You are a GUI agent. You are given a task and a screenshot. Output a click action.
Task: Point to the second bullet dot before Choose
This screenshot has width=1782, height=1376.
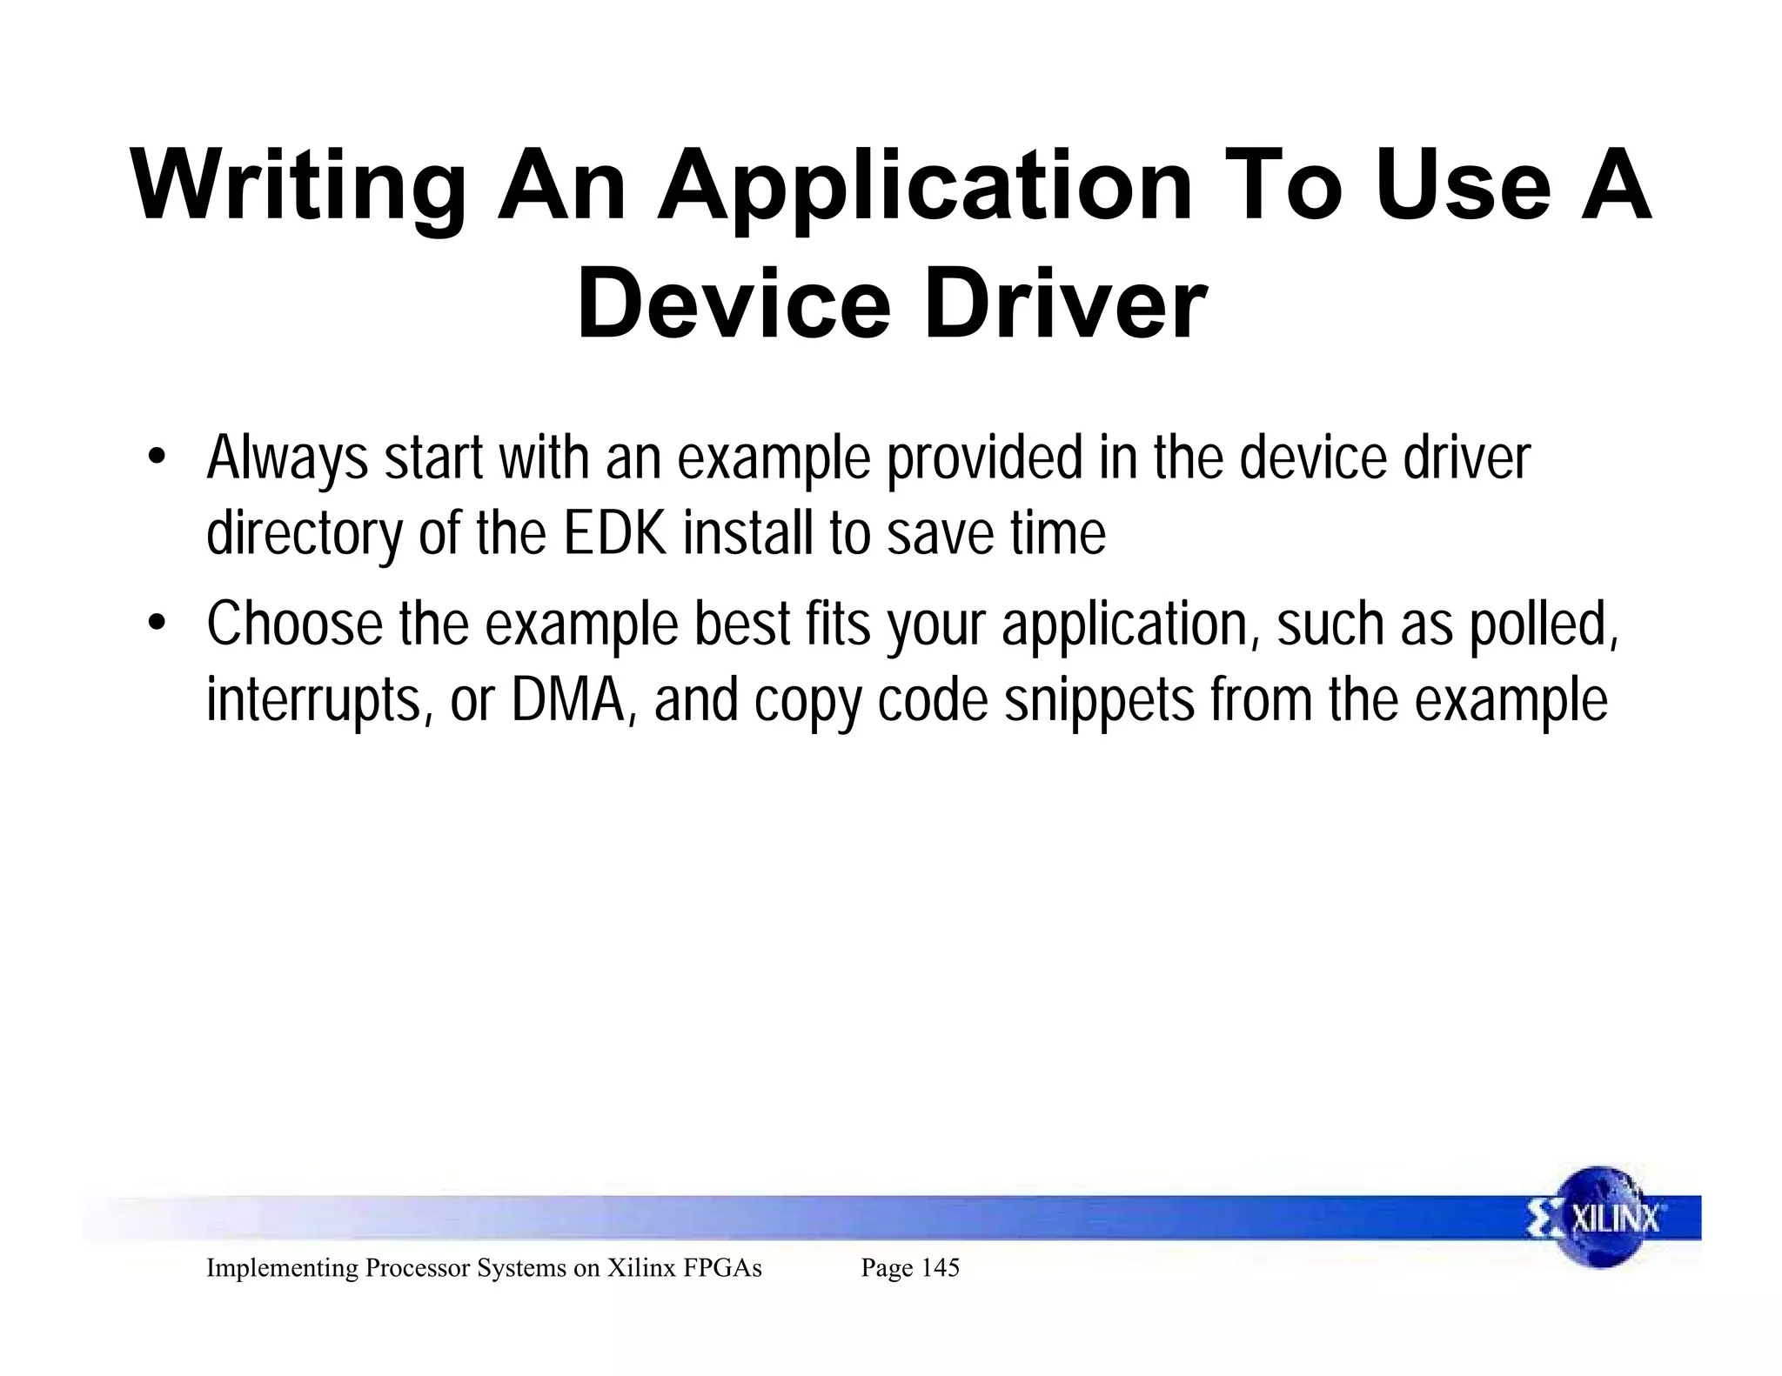click(x=156, y=624)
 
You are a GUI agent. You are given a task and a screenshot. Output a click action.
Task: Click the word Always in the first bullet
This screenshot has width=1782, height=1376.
click(x=287, y=458)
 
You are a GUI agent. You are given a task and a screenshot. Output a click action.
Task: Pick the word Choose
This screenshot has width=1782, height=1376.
click(x=294, y=624)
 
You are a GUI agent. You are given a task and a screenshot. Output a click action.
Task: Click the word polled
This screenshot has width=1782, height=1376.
click(x=1544, y=624)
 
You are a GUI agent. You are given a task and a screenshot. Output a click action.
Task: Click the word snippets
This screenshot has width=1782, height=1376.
click(x=1099, y=700)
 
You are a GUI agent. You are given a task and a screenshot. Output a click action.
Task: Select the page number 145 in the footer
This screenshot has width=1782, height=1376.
click(x=939, y=1268)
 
